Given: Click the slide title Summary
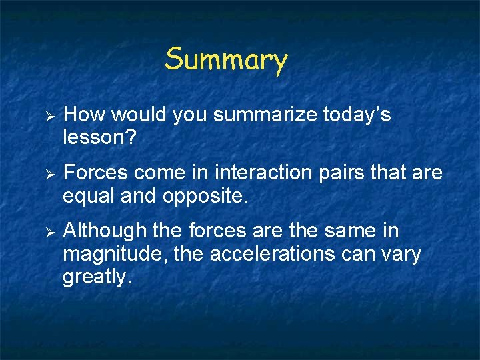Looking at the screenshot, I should click(x=226, y=59).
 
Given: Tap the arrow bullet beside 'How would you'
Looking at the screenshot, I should click(x=48, y=116).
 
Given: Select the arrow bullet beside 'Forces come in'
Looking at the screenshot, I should click(x=48, y=174).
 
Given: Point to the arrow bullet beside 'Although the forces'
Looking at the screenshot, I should click(x=48, y=231).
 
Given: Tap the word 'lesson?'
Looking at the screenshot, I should click(x=98, y=139).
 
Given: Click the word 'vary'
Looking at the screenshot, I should click(x=399, y=255).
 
